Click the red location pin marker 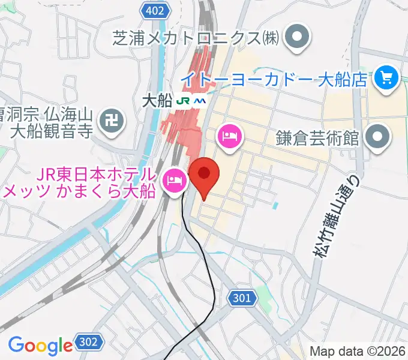pos(204,175)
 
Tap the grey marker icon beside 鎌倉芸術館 pos(377,137)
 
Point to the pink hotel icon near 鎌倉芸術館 pos(229,137)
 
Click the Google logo pos(40,345)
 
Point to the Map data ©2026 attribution pos(358,351)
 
